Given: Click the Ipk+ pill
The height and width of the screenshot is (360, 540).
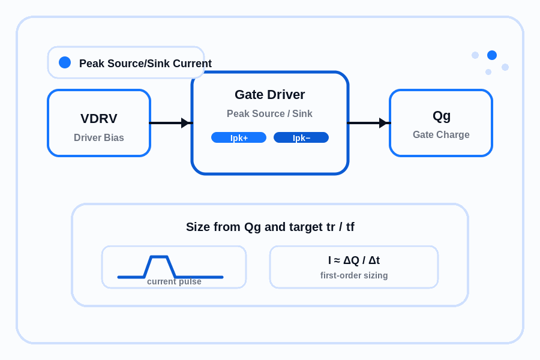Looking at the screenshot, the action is pos(239,137).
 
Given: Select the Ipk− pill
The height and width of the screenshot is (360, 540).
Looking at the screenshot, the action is pos(301,137).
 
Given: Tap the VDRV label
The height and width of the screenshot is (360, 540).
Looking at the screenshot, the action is pos(99,119).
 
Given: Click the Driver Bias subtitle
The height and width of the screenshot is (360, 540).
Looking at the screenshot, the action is pos(99,137).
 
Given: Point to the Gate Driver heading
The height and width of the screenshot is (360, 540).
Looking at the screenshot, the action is pos(269,94).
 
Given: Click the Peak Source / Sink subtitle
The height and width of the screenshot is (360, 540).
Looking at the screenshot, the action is pos(269,113).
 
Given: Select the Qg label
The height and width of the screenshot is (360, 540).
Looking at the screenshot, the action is pos(441,116).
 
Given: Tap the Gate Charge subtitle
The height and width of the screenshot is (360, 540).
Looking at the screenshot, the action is pos(441,134).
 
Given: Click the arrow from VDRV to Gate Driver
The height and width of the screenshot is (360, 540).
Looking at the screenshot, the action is pos(171,122).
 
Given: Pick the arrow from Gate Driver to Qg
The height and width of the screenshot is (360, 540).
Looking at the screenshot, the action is pos(369,122).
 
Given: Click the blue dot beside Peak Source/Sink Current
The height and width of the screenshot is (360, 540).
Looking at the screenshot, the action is pos(65,62).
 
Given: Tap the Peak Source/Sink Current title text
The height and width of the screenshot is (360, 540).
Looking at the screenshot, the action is pos(145,64).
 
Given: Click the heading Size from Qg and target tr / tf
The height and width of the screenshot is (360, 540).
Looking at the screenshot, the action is pos(270,227).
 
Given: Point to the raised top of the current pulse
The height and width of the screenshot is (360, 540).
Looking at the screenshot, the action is pos(159,257).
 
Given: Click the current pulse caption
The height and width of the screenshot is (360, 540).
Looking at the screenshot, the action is pos(174,281).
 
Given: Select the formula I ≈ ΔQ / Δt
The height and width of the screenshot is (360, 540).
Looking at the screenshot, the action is pos(354,260).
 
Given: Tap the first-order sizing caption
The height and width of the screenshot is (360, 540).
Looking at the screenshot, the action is pos(354,275).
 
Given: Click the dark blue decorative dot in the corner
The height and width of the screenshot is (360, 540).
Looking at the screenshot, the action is pos(492,55).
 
